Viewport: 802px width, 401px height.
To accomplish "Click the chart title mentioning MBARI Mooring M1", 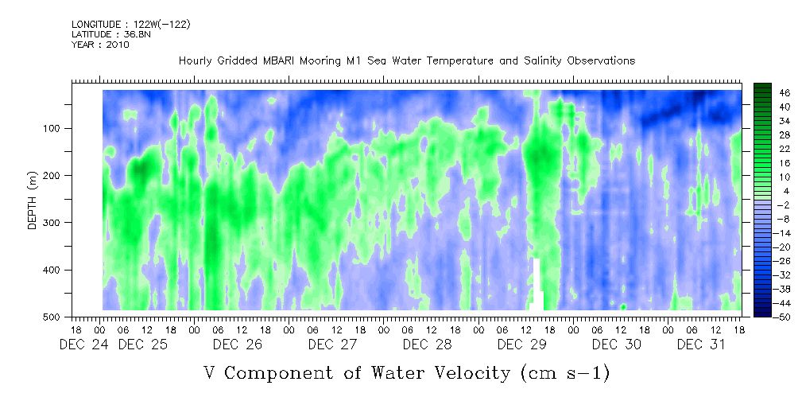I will [x=406, y=60].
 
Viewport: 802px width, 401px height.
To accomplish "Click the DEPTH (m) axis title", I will [x=32, y=203].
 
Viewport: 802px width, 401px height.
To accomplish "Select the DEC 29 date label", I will [x=521, y=345].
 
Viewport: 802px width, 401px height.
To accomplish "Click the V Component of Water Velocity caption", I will [x=406, y=372].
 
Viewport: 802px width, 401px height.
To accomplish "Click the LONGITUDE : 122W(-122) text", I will [x=130, y=25].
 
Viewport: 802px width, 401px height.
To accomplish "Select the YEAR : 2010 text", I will [x=99, y=45].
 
